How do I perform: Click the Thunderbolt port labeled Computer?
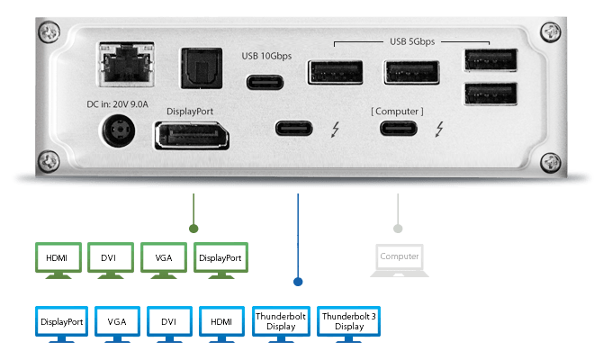397,128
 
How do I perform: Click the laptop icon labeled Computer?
400,258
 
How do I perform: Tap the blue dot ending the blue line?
299,282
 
